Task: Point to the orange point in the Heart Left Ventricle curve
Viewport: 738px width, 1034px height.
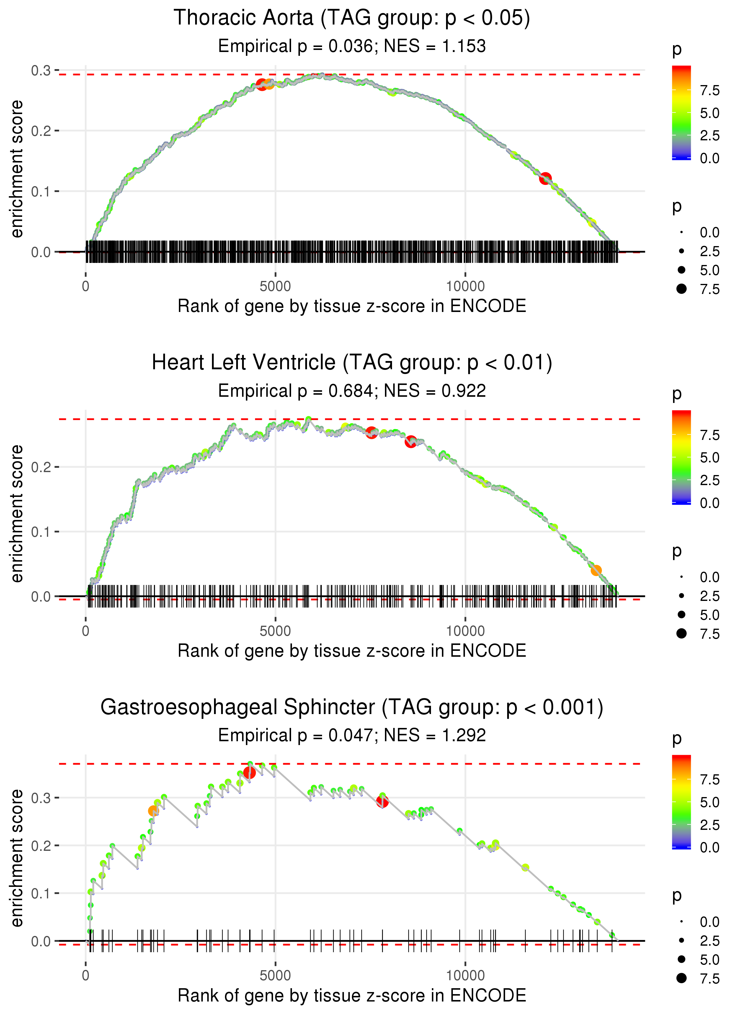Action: [x=596, y=570]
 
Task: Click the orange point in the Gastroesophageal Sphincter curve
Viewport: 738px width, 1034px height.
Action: [x=153, y=811]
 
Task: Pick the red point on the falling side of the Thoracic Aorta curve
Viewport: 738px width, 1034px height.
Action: [x=545, y=178]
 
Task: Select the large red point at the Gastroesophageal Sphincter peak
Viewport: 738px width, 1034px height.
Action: [x=249, y=773]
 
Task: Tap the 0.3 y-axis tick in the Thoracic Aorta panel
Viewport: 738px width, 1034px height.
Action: [x=41, y=71]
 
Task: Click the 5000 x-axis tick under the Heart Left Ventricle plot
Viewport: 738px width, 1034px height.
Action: [x=275, y=631]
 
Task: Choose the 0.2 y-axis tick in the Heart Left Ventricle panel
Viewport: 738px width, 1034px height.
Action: [x=41, y=467]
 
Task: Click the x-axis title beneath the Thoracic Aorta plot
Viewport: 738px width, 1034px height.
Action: [x=352, y=306]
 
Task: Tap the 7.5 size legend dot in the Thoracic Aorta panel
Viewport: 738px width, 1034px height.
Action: [x=681, y=289]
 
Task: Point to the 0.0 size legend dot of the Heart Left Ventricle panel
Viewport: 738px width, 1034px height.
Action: [x=681, y=577]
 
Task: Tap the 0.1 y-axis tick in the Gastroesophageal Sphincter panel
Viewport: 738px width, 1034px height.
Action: [x=41, y=893]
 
